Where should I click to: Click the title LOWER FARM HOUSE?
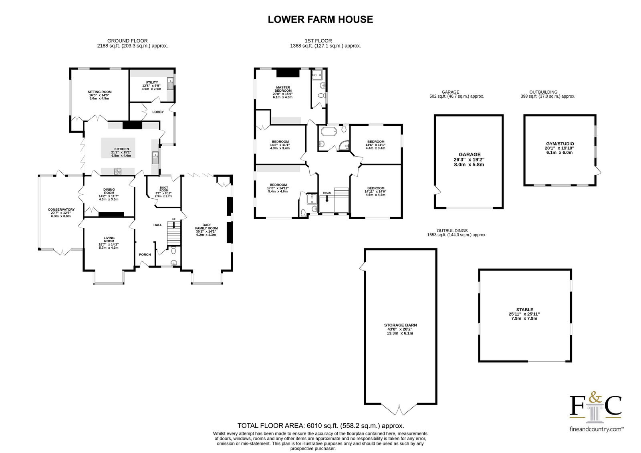pos(320,20)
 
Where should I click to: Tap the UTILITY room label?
pos(152,83)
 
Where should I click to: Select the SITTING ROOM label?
pos(100,92)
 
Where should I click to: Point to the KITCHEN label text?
pos(122,149)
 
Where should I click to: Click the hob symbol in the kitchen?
pos(118,171)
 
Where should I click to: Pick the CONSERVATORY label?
pos(61,210)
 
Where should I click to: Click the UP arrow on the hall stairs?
pos(174,225)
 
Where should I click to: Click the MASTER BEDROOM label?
pos(283,89)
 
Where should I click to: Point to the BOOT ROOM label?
pos(164,189)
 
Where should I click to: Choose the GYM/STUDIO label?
pos(560,144)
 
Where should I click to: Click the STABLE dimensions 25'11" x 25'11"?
pos(524,314)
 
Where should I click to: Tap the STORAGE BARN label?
pos(400,325)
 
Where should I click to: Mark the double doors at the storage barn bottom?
pos(399,409)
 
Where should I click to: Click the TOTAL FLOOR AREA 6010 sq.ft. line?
pos(320,426)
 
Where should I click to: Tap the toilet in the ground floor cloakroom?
pos(173,251)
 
